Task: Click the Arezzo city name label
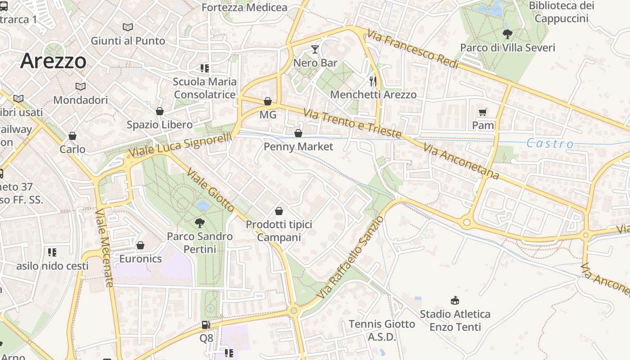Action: [53, 61]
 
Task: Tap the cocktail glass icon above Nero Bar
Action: [315, 49]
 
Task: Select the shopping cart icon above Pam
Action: [483, 112]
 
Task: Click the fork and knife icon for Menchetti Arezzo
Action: [373, 81]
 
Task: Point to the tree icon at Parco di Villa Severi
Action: [508, 34]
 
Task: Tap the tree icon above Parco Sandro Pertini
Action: [199, 222]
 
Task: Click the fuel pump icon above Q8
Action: [206, 324]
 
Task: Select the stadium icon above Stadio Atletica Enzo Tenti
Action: [455, 300]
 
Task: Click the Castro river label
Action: [550, 144]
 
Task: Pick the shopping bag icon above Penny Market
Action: [298, 133]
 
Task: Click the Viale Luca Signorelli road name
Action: [180, 145]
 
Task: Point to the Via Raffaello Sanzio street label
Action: [351, 257]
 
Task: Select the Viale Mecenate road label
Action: [104, 247]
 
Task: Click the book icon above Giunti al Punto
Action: [128, 27]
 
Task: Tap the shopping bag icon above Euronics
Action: [140, 245]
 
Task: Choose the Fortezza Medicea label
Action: [244, 8]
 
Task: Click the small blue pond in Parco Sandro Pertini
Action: [202, 206]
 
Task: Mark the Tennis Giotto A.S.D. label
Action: [382, 330]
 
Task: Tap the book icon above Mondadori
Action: [81, 86]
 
